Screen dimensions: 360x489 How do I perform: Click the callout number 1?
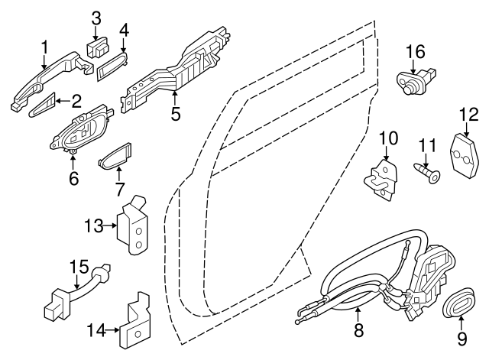[x=44, y=47]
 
